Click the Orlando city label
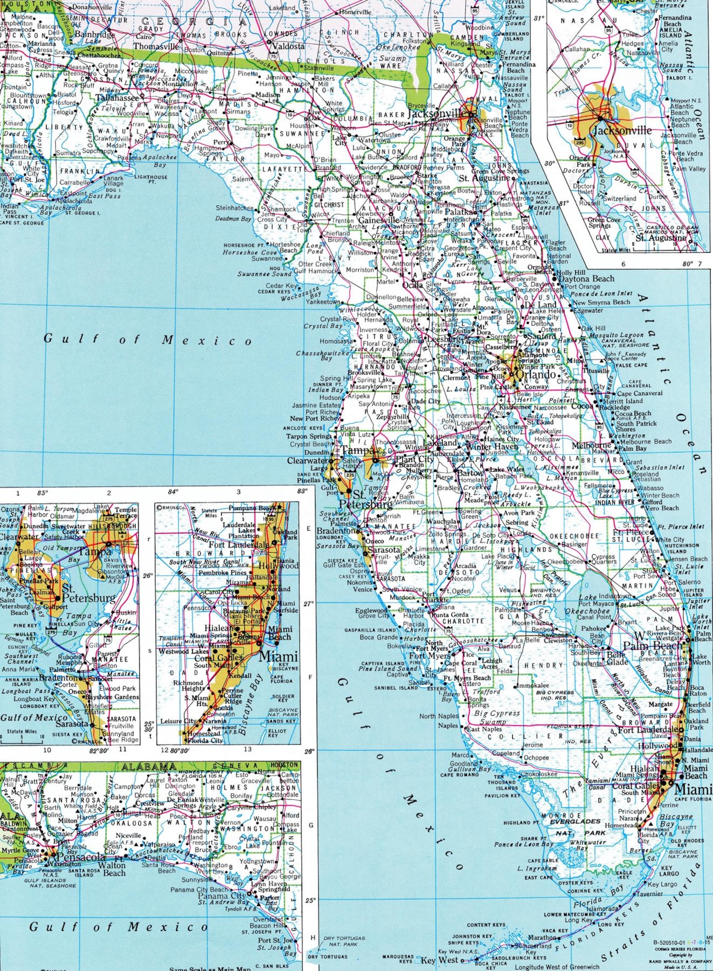536,374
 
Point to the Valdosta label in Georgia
288,46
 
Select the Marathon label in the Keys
541,937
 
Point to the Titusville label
596,371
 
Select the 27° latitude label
308,604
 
